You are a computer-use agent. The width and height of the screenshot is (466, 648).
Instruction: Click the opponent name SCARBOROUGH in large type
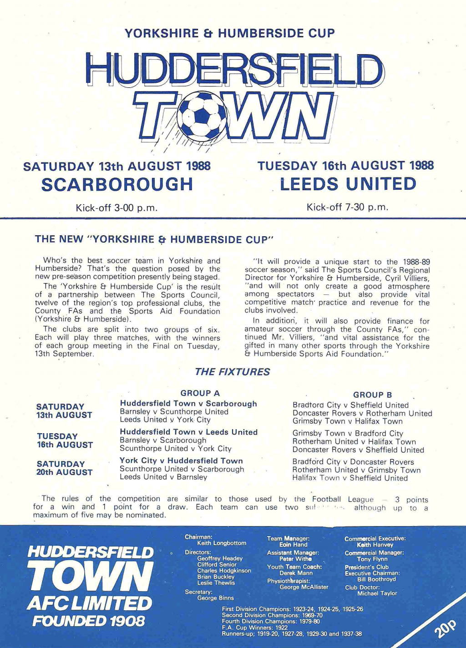tap(117, 184)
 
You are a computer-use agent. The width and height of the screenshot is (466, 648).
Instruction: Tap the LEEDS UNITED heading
tap(348, 184)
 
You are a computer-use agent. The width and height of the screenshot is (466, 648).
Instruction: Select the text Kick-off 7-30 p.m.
tap(347, 208)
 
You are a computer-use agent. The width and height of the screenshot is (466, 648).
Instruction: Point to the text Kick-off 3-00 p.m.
tap(116, 208)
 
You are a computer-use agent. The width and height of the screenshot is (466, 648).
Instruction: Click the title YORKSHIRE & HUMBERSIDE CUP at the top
tap(230, 33)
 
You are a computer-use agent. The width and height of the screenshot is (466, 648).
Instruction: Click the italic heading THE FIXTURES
tap(232, 372)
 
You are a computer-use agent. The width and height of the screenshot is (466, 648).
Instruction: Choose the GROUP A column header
tap(200, 393)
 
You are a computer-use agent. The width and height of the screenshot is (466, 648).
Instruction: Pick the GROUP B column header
tap(372, 395)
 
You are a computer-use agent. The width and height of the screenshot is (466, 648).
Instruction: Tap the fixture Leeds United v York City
tap(165, 420)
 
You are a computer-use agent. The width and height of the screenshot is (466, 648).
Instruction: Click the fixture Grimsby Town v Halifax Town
tap(348, 421)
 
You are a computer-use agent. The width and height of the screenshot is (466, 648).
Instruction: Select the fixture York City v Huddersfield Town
tap(181, 461)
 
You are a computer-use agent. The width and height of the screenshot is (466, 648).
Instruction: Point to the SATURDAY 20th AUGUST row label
tap(64, 468)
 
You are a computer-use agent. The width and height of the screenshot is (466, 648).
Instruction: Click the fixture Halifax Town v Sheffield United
tap(350, 478)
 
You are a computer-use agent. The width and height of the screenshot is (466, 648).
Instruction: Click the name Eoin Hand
tap(293, 545)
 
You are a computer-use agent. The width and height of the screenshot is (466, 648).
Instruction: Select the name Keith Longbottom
tap(222, 543)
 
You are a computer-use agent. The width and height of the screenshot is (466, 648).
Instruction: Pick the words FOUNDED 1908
tap(89, 621)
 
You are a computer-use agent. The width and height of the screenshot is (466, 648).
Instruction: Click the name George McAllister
tap(304, 587)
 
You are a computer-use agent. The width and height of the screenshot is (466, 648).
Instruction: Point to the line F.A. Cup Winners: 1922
tap(254, 628)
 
